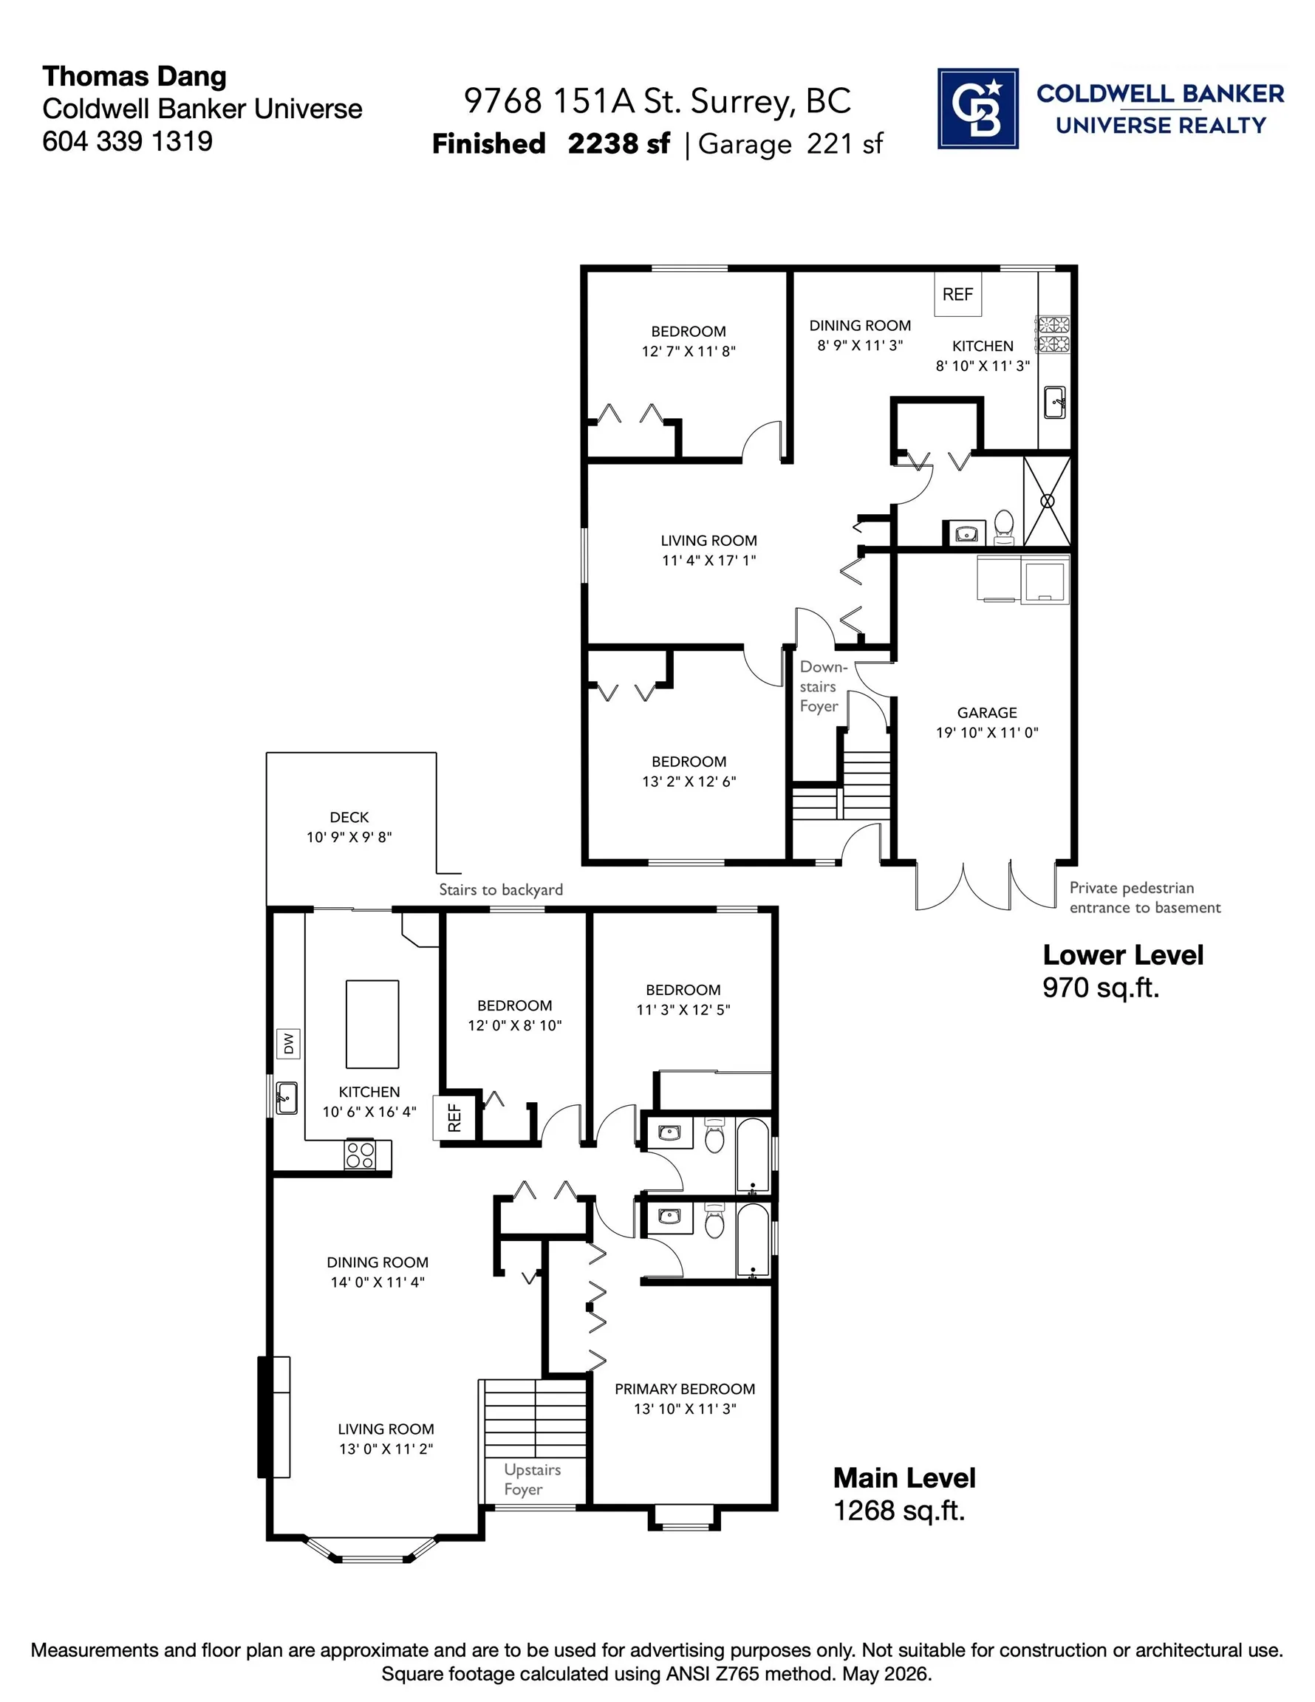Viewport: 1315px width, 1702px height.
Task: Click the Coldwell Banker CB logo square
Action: (x=977, y=109)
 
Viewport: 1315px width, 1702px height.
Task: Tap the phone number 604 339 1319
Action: (x=127, y=141)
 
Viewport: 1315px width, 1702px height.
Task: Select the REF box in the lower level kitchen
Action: (x=958, y=294)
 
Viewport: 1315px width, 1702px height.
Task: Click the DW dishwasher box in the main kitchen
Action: (x=288, y=1043)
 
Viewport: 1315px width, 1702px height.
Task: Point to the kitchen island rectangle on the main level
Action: (x=372, y=1024)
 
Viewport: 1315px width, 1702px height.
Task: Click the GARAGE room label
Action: (x=987, y=712)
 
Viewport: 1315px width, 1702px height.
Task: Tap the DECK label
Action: (x=349, y=817)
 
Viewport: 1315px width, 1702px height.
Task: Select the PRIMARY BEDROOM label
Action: (x=684, y=1389)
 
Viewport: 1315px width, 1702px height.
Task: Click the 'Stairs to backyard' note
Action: (x=500, y=889)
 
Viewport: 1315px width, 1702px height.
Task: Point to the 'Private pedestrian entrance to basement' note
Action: (x=1145, y=897)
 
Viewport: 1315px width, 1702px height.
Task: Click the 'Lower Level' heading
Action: (x=1123, y=954)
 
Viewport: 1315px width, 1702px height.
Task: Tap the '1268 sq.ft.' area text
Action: (x=900, y=1510)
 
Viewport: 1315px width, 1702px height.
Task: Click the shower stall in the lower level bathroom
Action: (x=1047, y=501)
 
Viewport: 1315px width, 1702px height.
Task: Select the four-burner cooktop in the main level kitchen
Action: (x=360, y=1154)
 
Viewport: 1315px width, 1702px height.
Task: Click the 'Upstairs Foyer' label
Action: (x=533, y=1479)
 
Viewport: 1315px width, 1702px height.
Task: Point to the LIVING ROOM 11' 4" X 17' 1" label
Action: (x=708, y=550)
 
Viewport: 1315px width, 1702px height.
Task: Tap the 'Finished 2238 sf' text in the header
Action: (x=551, y=143)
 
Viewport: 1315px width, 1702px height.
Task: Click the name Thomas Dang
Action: (x=134, y=77)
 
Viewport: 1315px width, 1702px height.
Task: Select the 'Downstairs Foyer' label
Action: (x=823, y=686)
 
